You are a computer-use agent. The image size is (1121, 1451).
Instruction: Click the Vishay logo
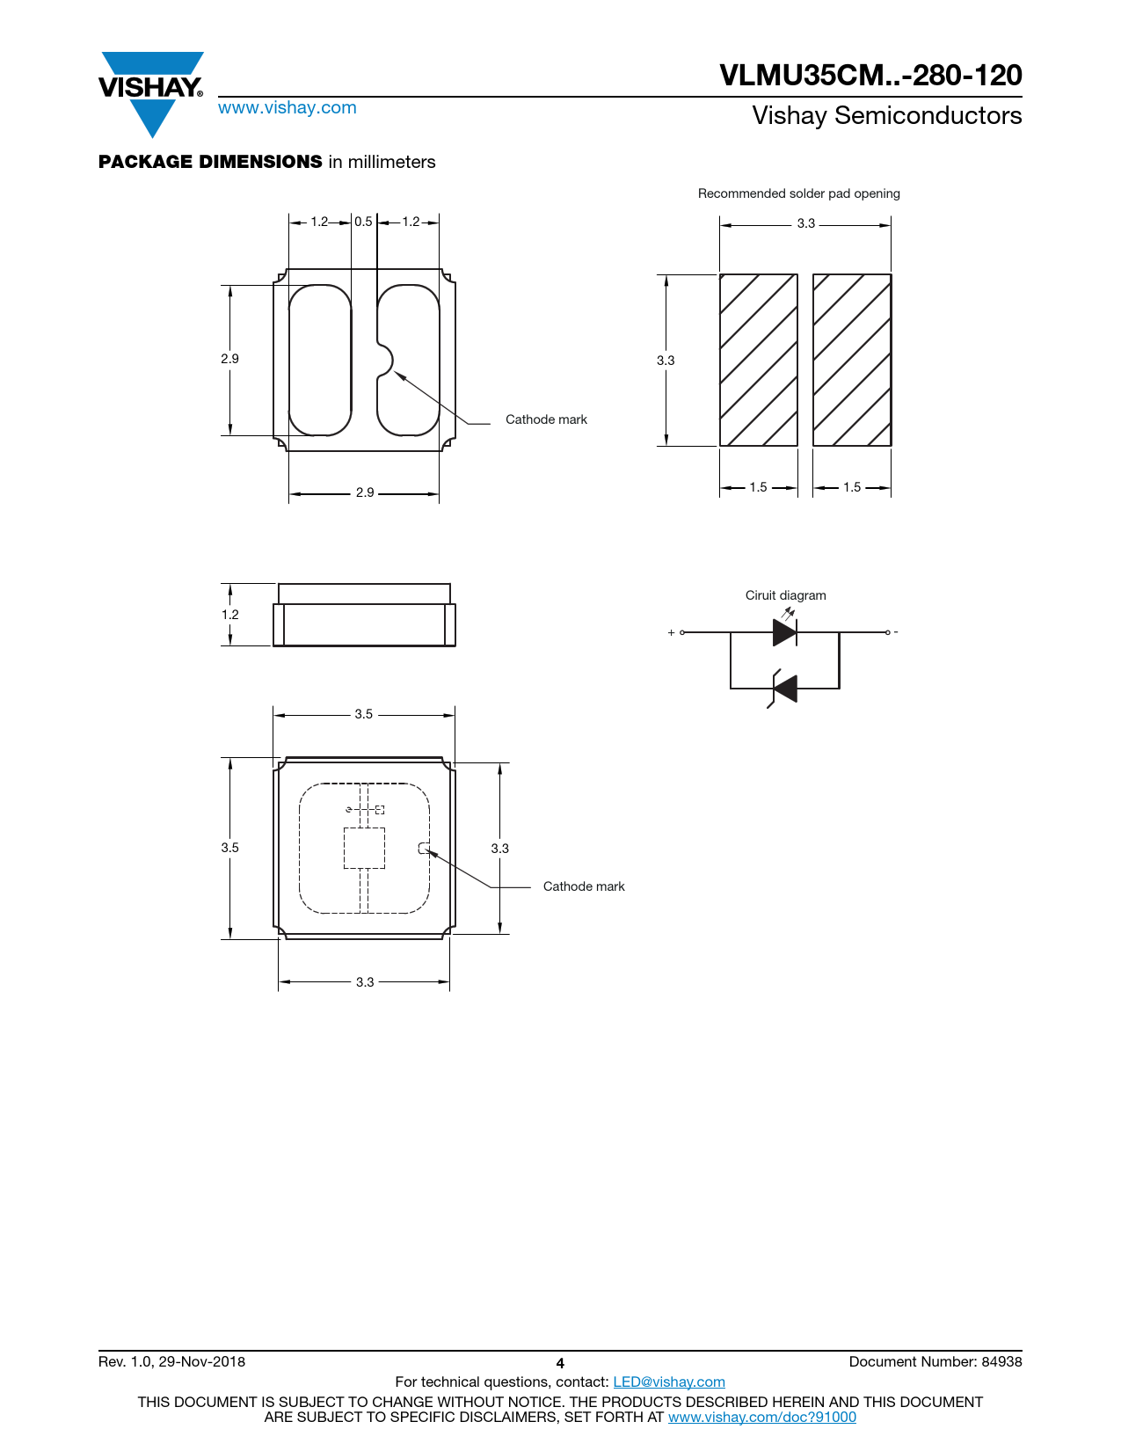click(151, 94)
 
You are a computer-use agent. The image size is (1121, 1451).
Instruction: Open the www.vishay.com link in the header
click(288, 107)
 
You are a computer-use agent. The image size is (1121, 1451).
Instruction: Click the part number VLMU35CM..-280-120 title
click(870, 75)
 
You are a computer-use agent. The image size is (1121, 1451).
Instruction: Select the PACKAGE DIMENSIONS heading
click(210, 162)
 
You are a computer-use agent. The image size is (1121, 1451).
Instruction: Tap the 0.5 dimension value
click(363, 222)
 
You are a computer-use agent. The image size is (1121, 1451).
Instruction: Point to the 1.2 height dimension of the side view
click(229, 615)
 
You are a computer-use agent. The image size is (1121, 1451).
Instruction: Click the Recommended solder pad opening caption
click(798, 193)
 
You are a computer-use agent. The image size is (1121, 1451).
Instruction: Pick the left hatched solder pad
click(759, 360)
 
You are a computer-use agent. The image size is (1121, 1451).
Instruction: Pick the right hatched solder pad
click(852, 360)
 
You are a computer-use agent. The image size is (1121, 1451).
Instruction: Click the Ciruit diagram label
click(785, 595)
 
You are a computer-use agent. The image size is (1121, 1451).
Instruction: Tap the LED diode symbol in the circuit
click(784, 631)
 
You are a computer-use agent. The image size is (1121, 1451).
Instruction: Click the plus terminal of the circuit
click(681, 632)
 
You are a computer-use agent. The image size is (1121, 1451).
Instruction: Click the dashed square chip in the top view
click(364, 848)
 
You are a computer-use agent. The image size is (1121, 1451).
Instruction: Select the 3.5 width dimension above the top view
click(363, 714)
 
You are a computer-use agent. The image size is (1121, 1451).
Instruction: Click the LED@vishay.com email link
click(669, 1382)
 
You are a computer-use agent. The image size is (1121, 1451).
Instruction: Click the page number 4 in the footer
click(560, 1363)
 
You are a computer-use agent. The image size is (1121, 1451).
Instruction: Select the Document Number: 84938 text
click(935, 1361)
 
